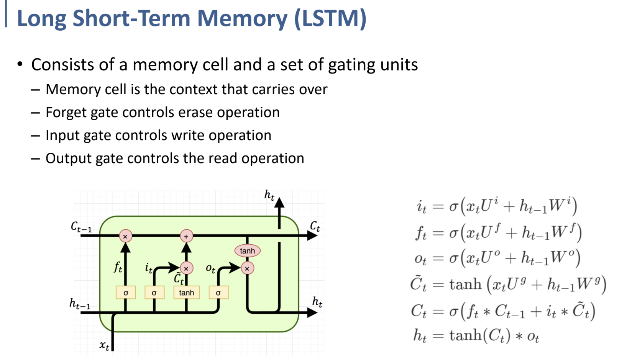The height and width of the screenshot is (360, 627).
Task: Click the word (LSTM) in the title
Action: pos(330,18)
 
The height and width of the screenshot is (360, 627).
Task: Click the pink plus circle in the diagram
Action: pos(186,236)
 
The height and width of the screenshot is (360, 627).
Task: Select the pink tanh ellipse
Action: pos(247,251)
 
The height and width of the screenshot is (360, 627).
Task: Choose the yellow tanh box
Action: pos(186,293)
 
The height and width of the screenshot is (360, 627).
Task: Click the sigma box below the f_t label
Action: pos(125,293)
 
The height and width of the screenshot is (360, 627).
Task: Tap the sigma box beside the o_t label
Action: pos(218,293)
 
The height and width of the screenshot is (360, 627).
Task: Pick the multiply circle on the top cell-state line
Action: pos(125,236)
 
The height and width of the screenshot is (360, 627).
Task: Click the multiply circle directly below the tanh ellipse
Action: pos(247,268)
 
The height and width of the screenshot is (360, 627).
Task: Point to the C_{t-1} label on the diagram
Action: pos(81,227)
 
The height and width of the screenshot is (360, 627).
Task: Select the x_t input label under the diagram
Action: pos(104,345)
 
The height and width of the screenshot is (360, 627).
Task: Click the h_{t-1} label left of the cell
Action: pos(80,304)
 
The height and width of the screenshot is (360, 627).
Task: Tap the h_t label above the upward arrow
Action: pos(269,195)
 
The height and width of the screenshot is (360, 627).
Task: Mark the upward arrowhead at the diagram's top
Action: pos(279,203)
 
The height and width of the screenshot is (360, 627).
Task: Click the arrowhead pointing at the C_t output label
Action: pos(312,236)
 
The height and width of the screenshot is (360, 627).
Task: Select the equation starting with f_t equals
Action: pos(498,233)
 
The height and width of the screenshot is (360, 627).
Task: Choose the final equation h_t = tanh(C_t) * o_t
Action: pos(476,336)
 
